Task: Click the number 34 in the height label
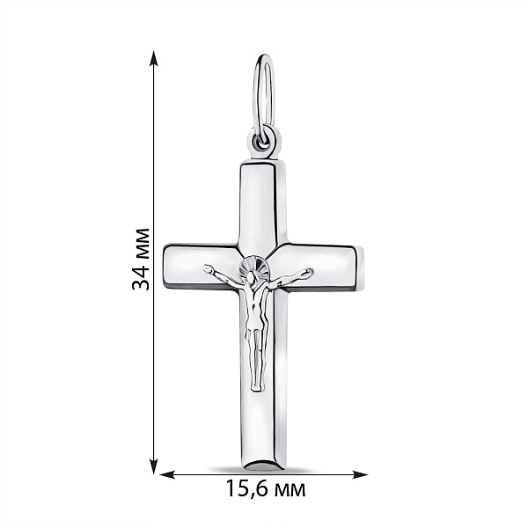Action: [141, 277]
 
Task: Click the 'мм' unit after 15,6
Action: [290, 491]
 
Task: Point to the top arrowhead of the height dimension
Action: [154, 59]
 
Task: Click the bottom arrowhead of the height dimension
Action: [154, 466]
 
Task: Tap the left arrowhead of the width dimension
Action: [167, 475]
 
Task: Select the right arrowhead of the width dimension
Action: [360, 475]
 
